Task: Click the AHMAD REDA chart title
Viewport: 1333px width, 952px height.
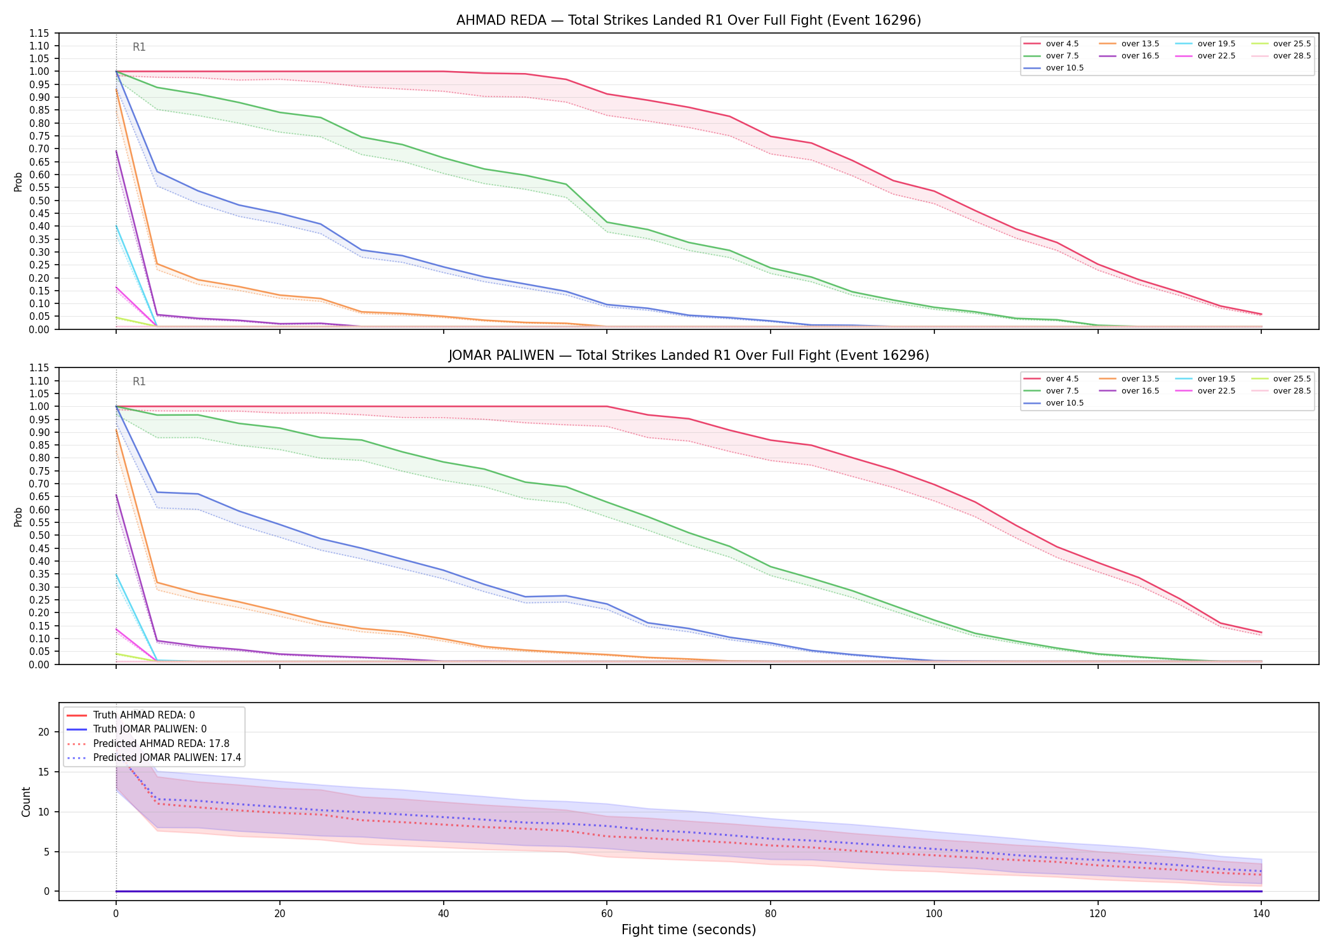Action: tap(689, 20)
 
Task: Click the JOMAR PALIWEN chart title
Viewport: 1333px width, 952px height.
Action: tap(689, 355)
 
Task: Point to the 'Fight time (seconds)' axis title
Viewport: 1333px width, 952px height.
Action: tap(689, 930)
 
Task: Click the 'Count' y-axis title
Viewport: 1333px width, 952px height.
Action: tap(26, 802)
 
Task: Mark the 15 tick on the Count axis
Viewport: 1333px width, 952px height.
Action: tap(43, 772)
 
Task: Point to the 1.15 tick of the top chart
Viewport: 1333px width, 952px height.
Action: tap(39, 33)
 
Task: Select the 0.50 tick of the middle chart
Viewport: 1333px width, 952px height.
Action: tap(39, 536)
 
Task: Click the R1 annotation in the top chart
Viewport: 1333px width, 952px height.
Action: tap(139, 47)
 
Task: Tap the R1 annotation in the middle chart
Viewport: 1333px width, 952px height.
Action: tap(139, 381)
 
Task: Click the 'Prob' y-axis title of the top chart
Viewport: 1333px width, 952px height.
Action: tap(18, 182)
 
